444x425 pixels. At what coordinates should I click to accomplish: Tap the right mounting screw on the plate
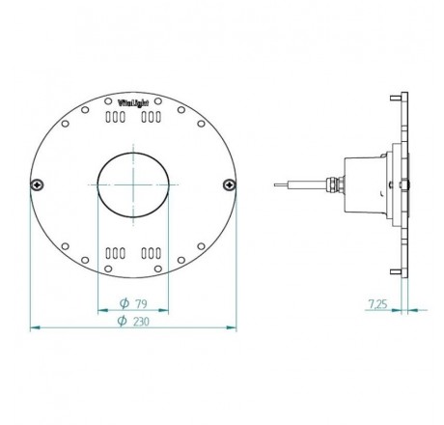pyautogui.click(x=228, y=184)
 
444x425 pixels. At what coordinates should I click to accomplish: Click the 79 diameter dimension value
pyautogui.click(x=141, y=302)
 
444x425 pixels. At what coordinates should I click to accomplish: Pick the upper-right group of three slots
pyautogui.click(x=152, y=116)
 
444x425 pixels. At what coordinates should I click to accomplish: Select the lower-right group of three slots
pyautogui.click(x=152, y=253)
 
